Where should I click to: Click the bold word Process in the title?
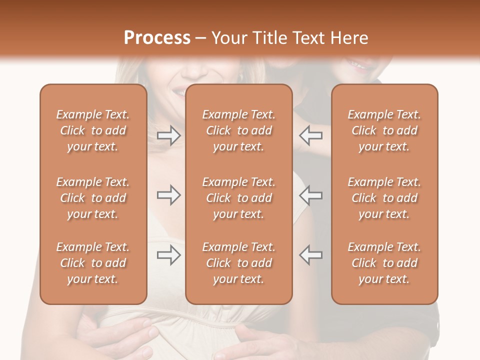pyautogui.click(x=157, y=37)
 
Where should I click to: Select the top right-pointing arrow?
pyautogui.click(x=168, y=135)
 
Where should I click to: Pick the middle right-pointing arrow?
pyautogui.click(x=168, y=195)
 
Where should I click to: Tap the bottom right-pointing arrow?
pyautogui.click(x=168, y=255)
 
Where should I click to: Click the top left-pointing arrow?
pyautogui.click(x=311, y=135)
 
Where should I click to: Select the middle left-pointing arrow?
pyautogui.click(x=311, y=195)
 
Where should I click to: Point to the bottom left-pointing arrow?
pyautogui.click(x=311, y=255)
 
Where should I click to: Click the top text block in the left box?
pyautogui.click(x=93, y=130)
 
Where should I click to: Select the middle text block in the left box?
pyautogui.click(x=93, y=198)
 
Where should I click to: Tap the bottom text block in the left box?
pyautogui.click(x=93, y=263)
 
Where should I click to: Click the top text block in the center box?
pyautogui.click(x=239, y=130)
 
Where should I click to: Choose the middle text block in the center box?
pyautogui.click(x=239, y=198)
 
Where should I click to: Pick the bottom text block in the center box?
pyautogui.click(x=239, y=263)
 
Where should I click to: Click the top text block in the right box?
pyautogui.click(x=384, y=130)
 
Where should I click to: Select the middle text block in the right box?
pyautogui.click(x=384, y=198)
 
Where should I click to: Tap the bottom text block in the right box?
pyautogui.click(x=384, y=263)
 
